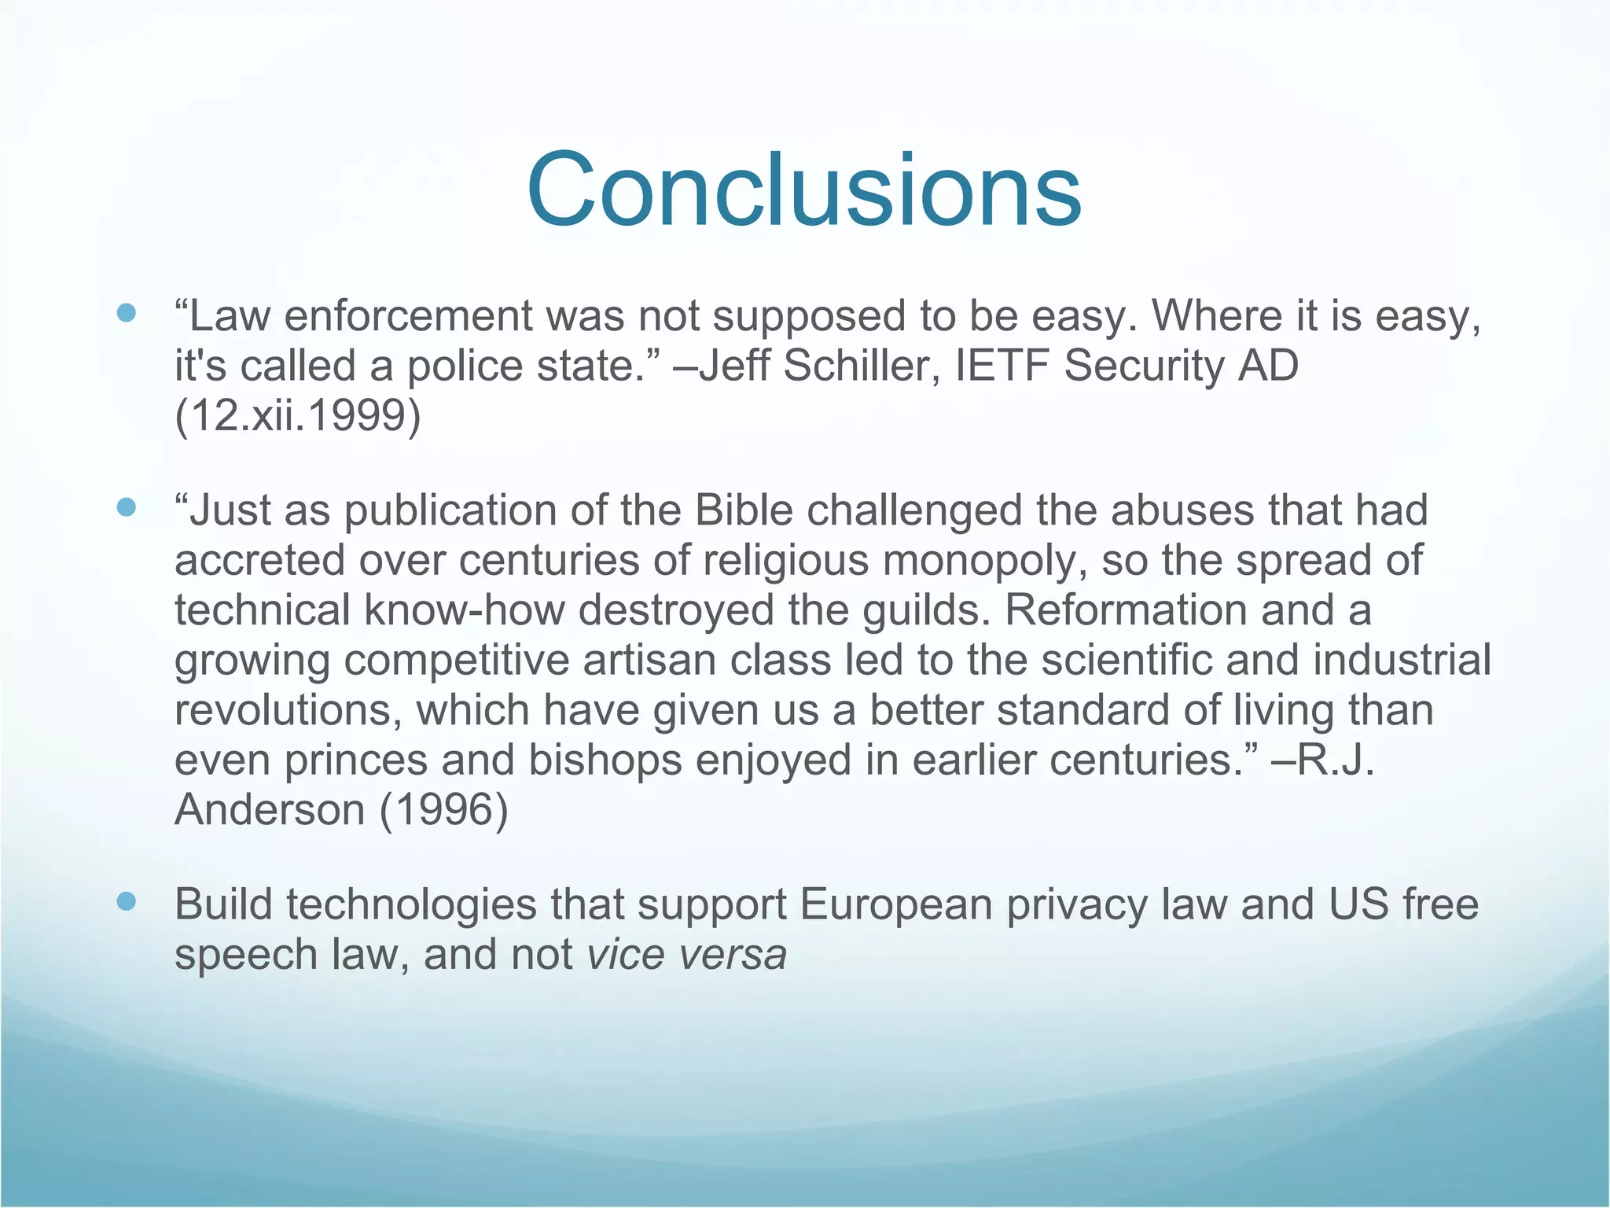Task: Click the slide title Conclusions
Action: tap(804, 191)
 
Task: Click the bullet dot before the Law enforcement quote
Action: tap(126, 314)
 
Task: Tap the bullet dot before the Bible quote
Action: tap(126, 508)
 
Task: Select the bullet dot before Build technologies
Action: tap(126, 901)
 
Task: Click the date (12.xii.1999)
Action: tap(298, 415)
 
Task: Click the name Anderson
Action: tap(270, 810)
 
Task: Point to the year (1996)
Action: tap(444, 810)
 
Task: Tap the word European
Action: tap(896, 904)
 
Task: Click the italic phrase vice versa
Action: tap(686, 955)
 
